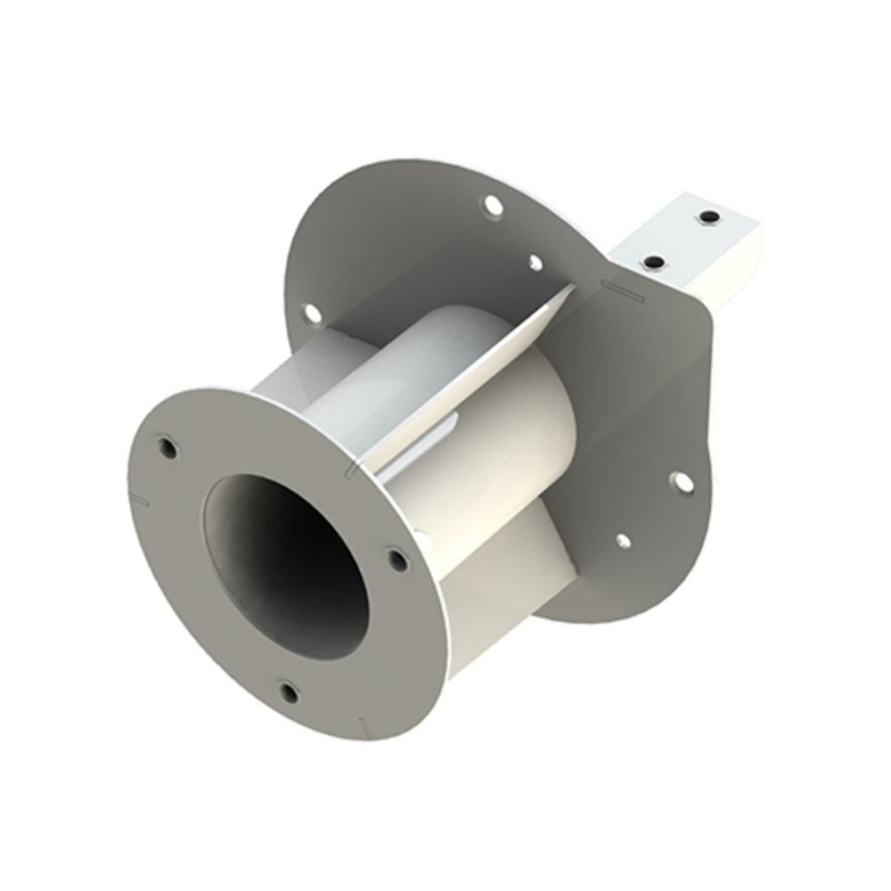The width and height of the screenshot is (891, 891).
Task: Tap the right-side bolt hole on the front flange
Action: point(396,560)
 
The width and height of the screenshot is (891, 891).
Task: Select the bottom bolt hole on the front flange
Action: point(288,691)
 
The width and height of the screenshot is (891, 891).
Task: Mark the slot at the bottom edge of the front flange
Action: point(364,725)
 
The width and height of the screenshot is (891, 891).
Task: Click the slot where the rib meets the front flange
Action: point(354,464)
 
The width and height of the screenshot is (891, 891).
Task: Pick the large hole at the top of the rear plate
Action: point(491,207)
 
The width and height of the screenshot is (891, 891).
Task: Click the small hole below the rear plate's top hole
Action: point(535,263)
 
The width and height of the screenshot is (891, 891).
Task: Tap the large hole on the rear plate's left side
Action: point(311,313)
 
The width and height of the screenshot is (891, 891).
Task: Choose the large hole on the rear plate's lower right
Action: point(682,482)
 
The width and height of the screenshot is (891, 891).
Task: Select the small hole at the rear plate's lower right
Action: point(623,540)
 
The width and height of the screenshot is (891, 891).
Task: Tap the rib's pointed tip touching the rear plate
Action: point(570,288)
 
